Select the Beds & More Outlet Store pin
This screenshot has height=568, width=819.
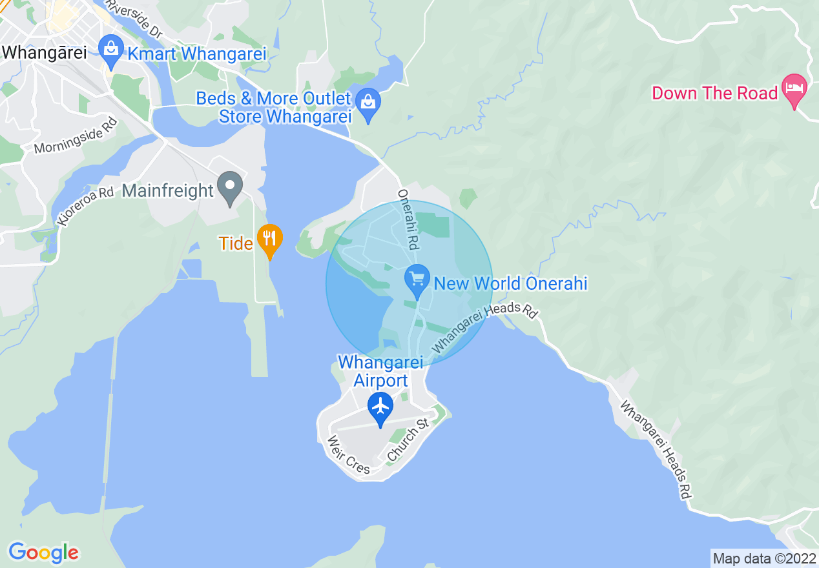pos(368,104)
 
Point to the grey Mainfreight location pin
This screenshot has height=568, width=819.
pos(229,187)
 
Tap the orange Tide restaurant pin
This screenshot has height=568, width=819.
pos(269,239)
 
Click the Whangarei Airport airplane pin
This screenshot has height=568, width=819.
pos(380,407)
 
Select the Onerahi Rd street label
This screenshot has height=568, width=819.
pos(409,220)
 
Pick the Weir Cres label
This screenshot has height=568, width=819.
pos(349,455)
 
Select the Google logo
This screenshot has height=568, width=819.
pos(43,553)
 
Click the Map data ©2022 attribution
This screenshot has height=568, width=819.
pos(763,558)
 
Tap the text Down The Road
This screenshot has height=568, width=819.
pos(714,93)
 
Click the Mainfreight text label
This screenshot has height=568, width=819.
pos(167,190)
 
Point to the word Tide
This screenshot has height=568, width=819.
pos(235,243)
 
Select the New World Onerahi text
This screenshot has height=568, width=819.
pos(510,283)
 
